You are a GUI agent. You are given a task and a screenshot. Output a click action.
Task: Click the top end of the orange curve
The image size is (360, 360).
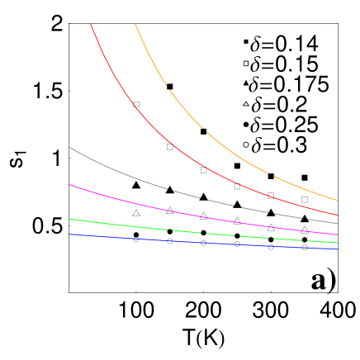pos(135,24)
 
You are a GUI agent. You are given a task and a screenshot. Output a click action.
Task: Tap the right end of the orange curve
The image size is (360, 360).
pos(338,201)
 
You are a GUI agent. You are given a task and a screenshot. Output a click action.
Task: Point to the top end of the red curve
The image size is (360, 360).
pos(91,24)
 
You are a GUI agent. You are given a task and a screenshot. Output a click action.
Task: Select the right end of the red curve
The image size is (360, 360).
pos(338,215)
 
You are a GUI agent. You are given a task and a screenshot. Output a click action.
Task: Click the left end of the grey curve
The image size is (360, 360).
pos(69,147)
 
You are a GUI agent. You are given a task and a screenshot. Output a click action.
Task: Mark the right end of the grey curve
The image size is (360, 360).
pos(338,224)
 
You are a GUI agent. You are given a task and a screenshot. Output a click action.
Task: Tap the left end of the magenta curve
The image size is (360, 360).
pos(69,185)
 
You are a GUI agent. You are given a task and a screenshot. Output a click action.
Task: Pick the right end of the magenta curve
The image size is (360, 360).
pos(338,235)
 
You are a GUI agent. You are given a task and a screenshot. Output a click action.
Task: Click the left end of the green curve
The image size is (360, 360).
pos(69,219)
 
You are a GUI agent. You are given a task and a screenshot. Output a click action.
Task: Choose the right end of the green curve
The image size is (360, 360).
pos(338,243)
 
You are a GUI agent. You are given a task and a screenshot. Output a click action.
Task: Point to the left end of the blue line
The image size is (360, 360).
pos(69,234)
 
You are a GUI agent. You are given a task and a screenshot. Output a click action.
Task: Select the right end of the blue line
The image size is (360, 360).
pos(338,249)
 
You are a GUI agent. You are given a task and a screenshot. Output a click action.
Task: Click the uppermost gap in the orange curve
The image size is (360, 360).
pos(168,87)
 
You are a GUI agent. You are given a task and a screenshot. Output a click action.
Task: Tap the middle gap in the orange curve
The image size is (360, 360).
pos(205,130)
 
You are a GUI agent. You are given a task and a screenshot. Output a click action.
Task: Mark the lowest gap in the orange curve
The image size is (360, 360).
pos(271,174)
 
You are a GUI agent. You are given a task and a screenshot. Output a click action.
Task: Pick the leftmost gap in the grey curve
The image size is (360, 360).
pos(171,190)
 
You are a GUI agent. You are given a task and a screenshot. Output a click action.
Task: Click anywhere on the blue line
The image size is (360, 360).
pos(206,243)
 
